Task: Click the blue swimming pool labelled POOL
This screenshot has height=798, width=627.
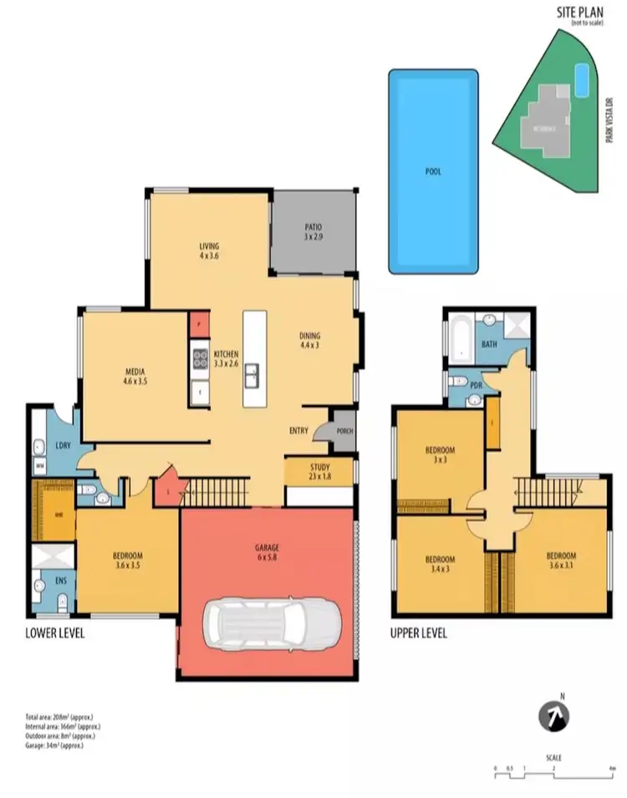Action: [433, 171]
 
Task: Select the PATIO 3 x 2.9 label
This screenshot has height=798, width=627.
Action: [313, 232]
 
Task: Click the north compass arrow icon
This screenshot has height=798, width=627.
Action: [553, 716]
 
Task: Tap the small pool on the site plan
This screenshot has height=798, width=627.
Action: [582, 80]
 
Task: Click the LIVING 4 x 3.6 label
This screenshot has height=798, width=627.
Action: [209, 251]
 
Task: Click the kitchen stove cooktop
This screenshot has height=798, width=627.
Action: [200, 359]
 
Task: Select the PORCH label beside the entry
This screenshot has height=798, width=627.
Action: [344, 431]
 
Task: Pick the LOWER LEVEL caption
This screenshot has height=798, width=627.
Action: [55, 633]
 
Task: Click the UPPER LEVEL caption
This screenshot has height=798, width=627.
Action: [418, 633]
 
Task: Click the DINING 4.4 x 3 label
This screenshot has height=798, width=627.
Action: [310, 341]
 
